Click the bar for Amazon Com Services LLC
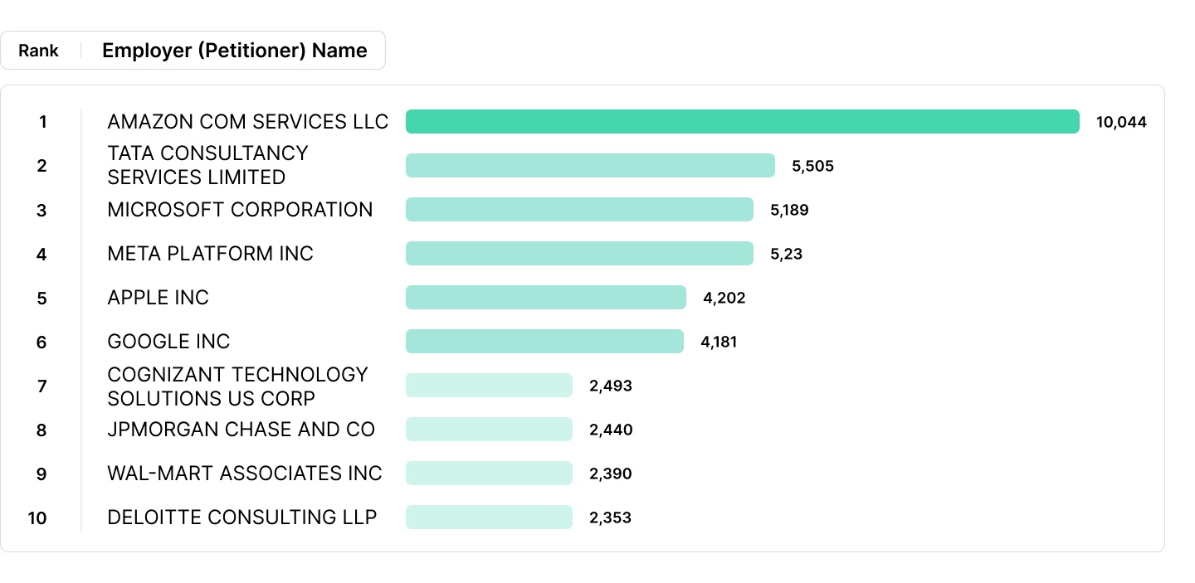[x=742, y=122]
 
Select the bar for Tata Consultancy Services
[x=590, y=166]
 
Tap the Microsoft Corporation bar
[x=579, y=210]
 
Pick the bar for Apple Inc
[x=545, y=298]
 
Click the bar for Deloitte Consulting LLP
[x=489, y=517]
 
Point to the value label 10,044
[x=1121, y=123]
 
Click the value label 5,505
[x=812, y=167]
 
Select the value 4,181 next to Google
[x=719, y=342]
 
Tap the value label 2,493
[x=611, y=386]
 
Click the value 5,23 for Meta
[x=786, y=255]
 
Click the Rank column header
[x=39, y=51]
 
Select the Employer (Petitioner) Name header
[x=234, y=51]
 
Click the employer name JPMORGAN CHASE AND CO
[x=241, y=430]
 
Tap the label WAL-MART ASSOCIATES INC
[x=245, y=474]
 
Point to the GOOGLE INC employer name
[x=168, y=342]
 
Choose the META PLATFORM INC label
[x=210, y=254]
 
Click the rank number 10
[x=37, y=518]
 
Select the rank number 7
[x=42, y=386]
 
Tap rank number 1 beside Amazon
[x=42, y=123]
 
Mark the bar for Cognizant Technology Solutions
[x=489, y=386]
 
